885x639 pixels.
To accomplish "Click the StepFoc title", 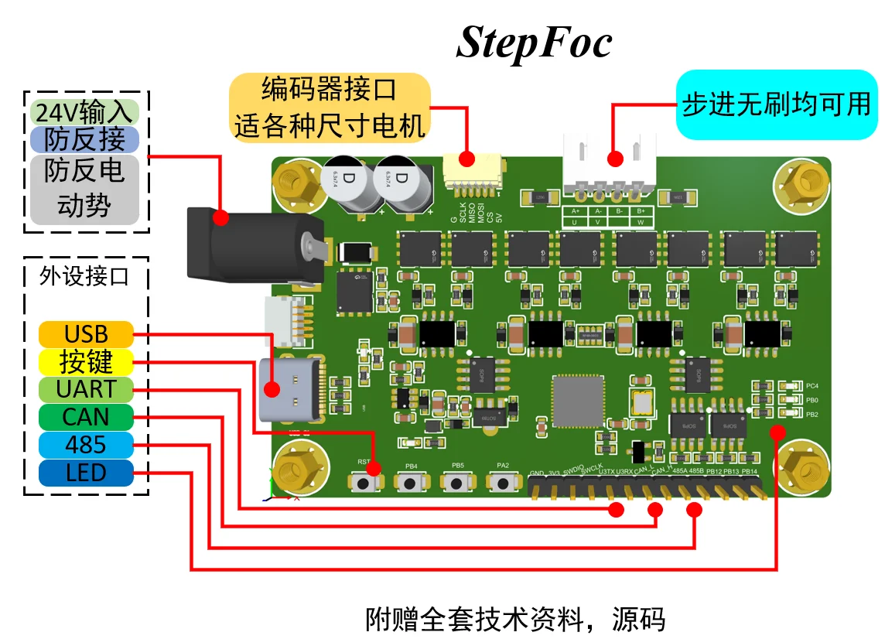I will click(x=534, y=42).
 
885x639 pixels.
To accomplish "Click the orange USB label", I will click(x=86, y=335).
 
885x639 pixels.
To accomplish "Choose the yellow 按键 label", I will click(x=86, y=362).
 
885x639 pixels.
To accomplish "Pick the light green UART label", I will click(x=86, y=389).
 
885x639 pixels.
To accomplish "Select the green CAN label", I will click(x=86, y=417).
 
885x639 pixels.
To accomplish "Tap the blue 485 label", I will click(x=86, y=445).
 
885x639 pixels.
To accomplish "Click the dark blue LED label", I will click(x=86, y=473).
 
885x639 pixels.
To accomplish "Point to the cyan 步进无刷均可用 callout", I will click(x=777, y=104).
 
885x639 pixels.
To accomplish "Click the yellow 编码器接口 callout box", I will click(x=330, y=107).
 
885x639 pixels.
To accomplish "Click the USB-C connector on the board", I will click(x=292, y=390).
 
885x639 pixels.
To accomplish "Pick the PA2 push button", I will click(x=504, y=482).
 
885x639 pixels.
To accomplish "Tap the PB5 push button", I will click(x=457, y=482).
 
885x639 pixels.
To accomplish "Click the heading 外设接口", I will click(x=84, y=277).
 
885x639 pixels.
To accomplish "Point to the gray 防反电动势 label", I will click(x=84, y=189).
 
